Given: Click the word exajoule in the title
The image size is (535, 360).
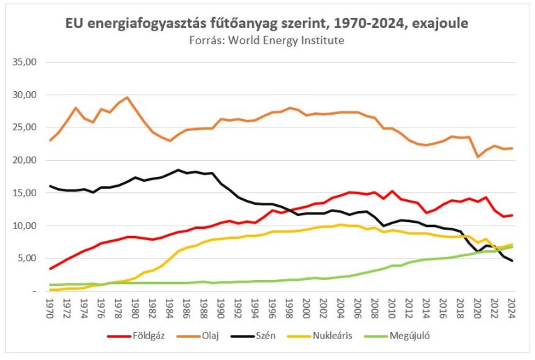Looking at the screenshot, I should tap(438, 24).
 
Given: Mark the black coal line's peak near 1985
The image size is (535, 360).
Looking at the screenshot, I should tap(178, 170).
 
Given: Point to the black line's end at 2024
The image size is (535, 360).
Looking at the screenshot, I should tap(512, 261).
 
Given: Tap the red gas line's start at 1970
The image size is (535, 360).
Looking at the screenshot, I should tap(50, 269).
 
